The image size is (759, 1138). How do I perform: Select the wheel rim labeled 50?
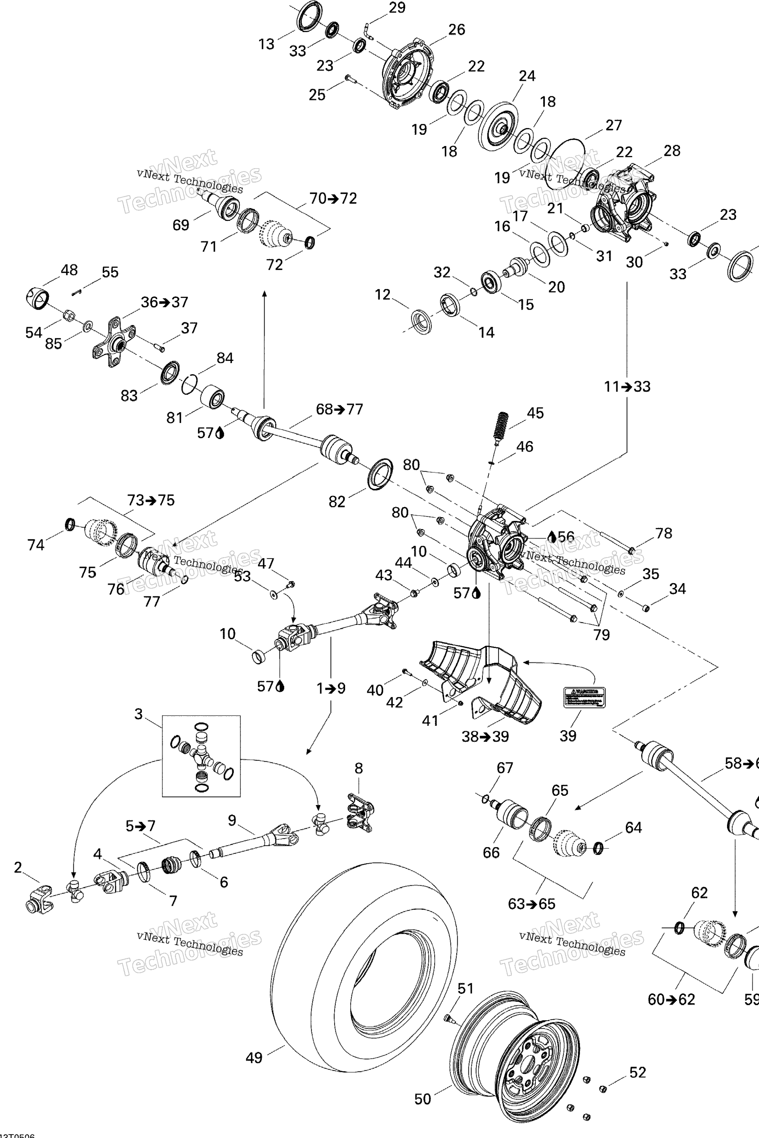516,1062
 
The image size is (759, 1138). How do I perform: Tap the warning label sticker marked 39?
584,697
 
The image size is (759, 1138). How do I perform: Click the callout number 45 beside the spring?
535,413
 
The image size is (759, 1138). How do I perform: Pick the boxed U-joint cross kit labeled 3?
201,756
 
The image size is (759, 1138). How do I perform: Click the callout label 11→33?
627,387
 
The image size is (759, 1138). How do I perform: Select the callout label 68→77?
339,409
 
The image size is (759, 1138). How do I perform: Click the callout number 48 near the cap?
69,270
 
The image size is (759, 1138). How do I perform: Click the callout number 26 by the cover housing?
457,30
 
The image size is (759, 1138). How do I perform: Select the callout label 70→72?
333,199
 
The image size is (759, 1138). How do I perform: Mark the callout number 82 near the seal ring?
337,501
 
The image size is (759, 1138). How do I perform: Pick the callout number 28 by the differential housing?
672,150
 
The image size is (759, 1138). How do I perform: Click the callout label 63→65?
531,904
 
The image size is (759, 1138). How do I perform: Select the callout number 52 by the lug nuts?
637,1073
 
